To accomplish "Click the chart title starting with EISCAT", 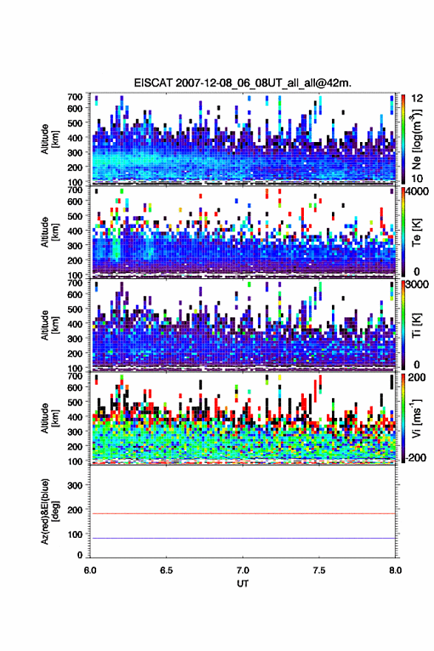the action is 243,83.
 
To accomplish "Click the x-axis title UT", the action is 243,584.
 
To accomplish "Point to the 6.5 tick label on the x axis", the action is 166,570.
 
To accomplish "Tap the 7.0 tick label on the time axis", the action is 243,570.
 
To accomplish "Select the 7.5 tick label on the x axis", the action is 319,570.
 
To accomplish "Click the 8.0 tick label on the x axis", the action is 396,570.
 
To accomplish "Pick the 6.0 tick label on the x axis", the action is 90,570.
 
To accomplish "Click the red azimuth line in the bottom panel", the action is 243,513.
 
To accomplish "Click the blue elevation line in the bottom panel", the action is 243,538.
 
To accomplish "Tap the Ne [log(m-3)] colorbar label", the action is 416,138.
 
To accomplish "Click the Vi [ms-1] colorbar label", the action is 416,419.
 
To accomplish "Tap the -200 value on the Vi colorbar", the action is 416,457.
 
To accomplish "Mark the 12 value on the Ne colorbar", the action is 418,98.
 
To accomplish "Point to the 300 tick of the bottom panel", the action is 75,485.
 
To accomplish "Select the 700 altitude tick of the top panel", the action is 75,96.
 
